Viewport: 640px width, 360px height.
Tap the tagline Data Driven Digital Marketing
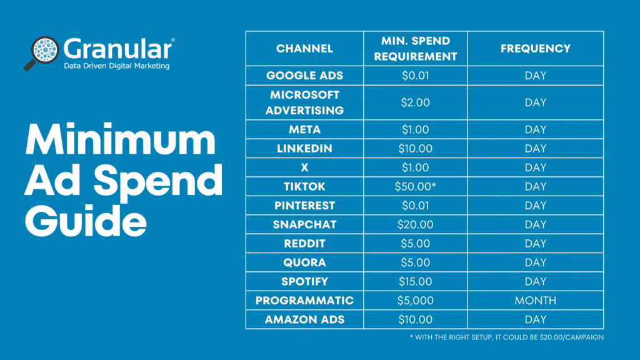pos(116,65)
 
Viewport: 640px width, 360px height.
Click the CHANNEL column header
pos(304,48)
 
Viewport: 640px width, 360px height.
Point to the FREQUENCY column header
pos(535,48)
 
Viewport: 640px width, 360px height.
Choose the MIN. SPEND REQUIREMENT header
pos(415,48)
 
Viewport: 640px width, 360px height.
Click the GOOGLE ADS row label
pos(304,76)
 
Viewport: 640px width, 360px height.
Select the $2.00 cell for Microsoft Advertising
pos(415,102)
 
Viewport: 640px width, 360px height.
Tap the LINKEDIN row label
pos(304,149)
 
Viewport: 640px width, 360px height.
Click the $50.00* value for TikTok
pos(416,186)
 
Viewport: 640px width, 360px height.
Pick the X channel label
pos(304,167)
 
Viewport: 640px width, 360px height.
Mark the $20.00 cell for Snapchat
pos(415,224)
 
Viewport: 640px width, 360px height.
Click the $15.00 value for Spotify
pos(415,281)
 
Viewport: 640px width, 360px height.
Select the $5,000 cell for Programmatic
pos(415,301)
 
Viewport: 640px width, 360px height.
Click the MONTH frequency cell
pos(535,301)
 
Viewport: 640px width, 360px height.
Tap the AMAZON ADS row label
pos(304,319)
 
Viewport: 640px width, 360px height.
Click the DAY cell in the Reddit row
pos(535,244)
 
